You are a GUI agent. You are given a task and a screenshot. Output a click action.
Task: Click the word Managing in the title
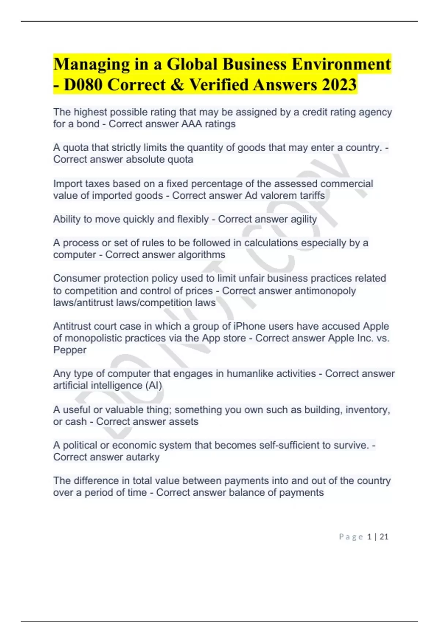pos(91,65)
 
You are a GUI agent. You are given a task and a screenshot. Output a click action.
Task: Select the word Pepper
pos(70,350)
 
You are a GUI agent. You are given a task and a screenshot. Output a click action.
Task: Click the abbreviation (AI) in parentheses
pos(154,385)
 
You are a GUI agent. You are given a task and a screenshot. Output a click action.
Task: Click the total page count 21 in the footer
pos(384,537)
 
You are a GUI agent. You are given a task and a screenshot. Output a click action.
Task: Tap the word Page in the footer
pos(351,537)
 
